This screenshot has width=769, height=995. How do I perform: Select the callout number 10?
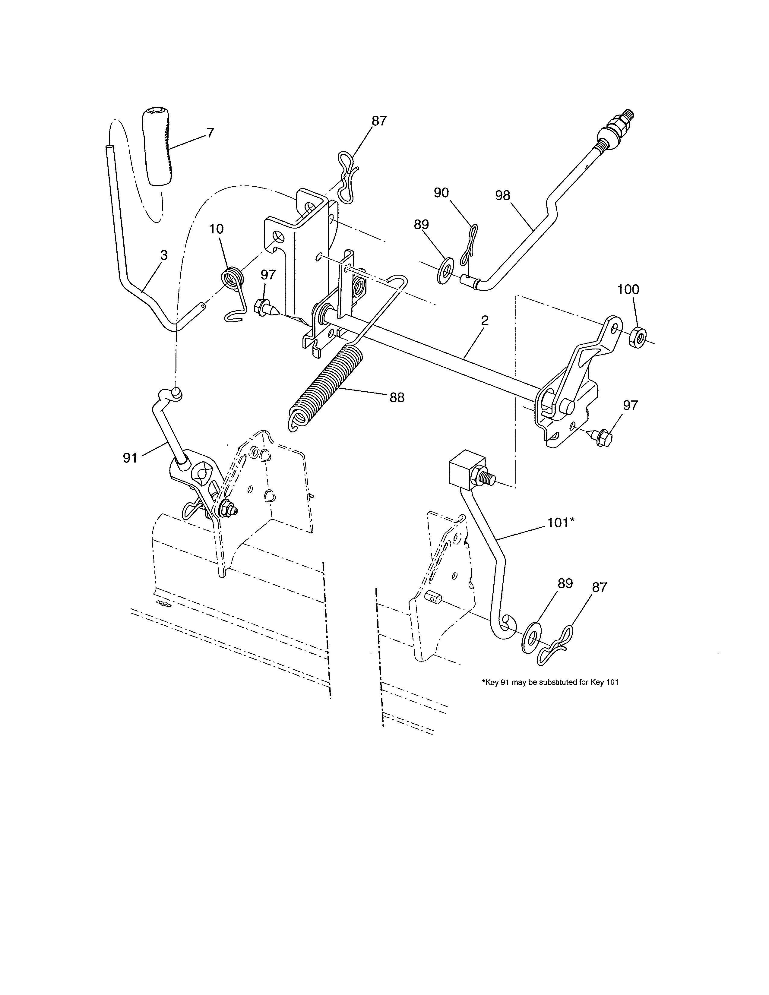[x=217, y=229]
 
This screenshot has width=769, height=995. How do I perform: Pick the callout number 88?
[x=397, y=398]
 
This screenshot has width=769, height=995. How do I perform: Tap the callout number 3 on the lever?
[x=164, y=256]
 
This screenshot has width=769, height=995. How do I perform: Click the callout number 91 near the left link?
[x=130, y=458]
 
